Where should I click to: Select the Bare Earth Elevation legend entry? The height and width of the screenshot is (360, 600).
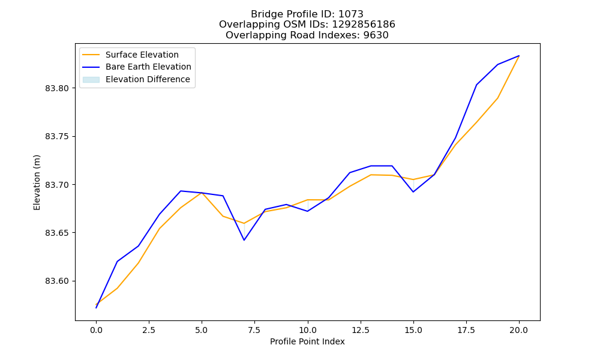pyautogui.click(x=137, y=67)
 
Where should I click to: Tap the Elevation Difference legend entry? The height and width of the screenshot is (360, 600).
pyautogui.click(x=137, y=79)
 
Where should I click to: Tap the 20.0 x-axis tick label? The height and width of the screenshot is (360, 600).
pyautogui.click(x=519, y=330)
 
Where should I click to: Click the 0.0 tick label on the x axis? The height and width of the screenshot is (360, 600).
pyautogui.click(x=96, y=330)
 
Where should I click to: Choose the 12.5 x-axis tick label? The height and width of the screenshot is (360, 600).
pyautogui.click(x=361, y=330)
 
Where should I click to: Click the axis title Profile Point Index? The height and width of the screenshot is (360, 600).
pyautogui.click(x=307, y=341)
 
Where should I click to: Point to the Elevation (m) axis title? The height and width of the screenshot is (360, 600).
pyautogui.click(x=37, y=182)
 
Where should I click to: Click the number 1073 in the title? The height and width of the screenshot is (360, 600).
pyautogui.click(x=351, y=14)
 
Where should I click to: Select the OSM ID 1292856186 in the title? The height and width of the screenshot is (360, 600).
pyautogui.click(x=364, y=25)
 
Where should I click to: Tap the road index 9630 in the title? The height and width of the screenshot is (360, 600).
pyautogui.click(x=376, y=35)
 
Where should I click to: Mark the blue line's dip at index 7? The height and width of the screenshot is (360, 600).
pyautogui.click(x=244, y=240)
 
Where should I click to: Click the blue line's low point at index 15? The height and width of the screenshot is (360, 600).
pyautogui.click(x=413, y=191)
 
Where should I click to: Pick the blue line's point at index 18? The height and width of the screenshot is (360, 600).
pyautogui.click(x=476, y=85)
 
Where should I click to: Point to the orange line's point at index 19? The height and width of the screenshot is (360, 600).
pyautogui.click(x=498, y=98)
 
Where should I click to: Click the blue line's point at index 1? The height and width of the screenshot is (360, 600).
pyautogui.click(x=117, y=261)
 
